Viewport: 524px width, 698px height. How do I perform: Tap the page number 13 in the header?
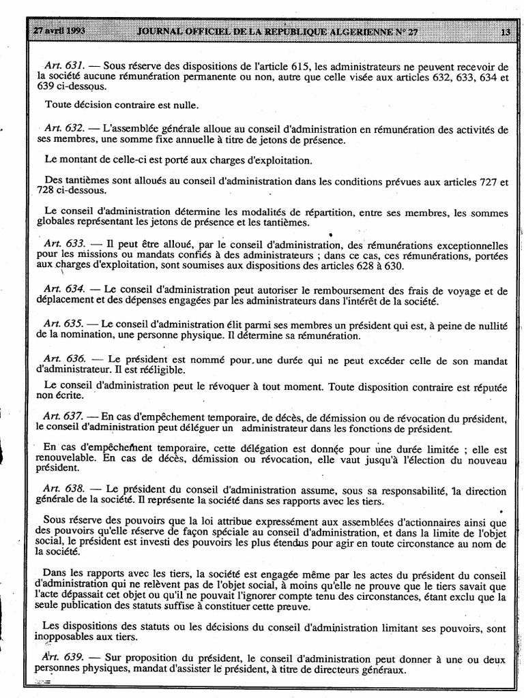pyautogui.click(x=505, y=32)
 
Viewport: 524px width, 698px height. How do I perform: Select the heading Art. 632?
pyautogui.click(x=64, y=129)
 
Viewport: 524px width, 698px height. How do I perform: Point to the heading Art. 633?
pyautogui.click(x=64, y=244)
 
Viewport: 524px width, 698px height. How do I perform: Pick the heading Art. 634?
pyautogui.click(x=64, y=290)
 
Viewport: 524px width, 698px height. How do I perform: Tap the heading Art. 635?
pyautogui.click(x=64, y=323)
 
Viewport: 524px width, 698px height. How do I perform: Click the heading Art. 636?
pyautogui.click(x=64, y=359)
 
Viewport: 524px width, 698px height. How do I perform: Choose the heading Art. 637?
pyautogui.click(x=64, y=416)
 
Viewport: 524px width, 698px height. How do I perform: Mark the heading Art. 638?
pyautogui.click(x=64, y=490)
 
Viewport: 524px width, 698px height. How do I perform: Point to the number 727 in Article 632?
pyautogui.click(x=489, y=182)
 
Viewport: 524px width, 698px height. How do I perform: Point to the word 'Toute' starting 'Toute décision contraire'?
pyautogui.click(x=59, y=105)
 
